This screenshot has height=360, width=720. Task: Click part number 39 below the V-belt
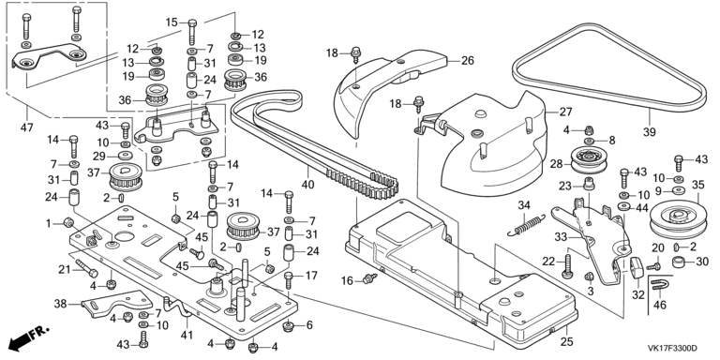pos(650,133)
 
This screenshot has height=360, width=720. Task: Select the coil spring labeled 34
pos(526,225)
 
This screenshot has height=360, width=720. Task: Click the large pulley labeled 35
pos(677,219)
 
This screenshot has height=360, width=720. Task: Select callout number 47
pos(27,127)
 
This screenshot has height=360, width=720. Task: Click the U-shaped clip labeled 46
pos(659,288)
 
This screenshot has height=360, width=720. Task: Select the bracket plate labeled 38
pos(116,303)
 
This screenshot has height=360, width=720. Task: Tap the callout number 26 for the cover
pos(468,60)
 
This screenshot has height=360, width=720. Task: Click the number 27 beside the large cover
pos(565,112)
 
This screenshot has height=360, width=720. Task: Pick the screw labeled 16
pos(369,278)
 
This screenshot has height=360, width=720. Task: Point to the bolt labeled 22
pos(568,267)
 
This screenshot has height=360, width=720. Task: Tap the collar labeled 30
pos(680,262)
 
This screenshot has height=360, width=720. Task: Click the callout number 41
pos(187,336)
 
